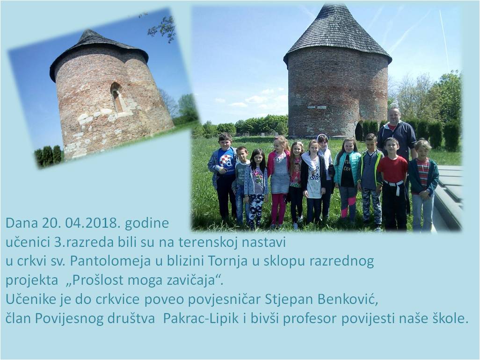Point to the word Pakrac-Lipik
tap(200, 319)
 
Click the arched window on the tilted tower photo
tap(116, 97)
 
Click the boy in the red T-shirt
tap(392, 183)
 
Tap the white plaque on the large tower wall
tap(317, 107)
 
